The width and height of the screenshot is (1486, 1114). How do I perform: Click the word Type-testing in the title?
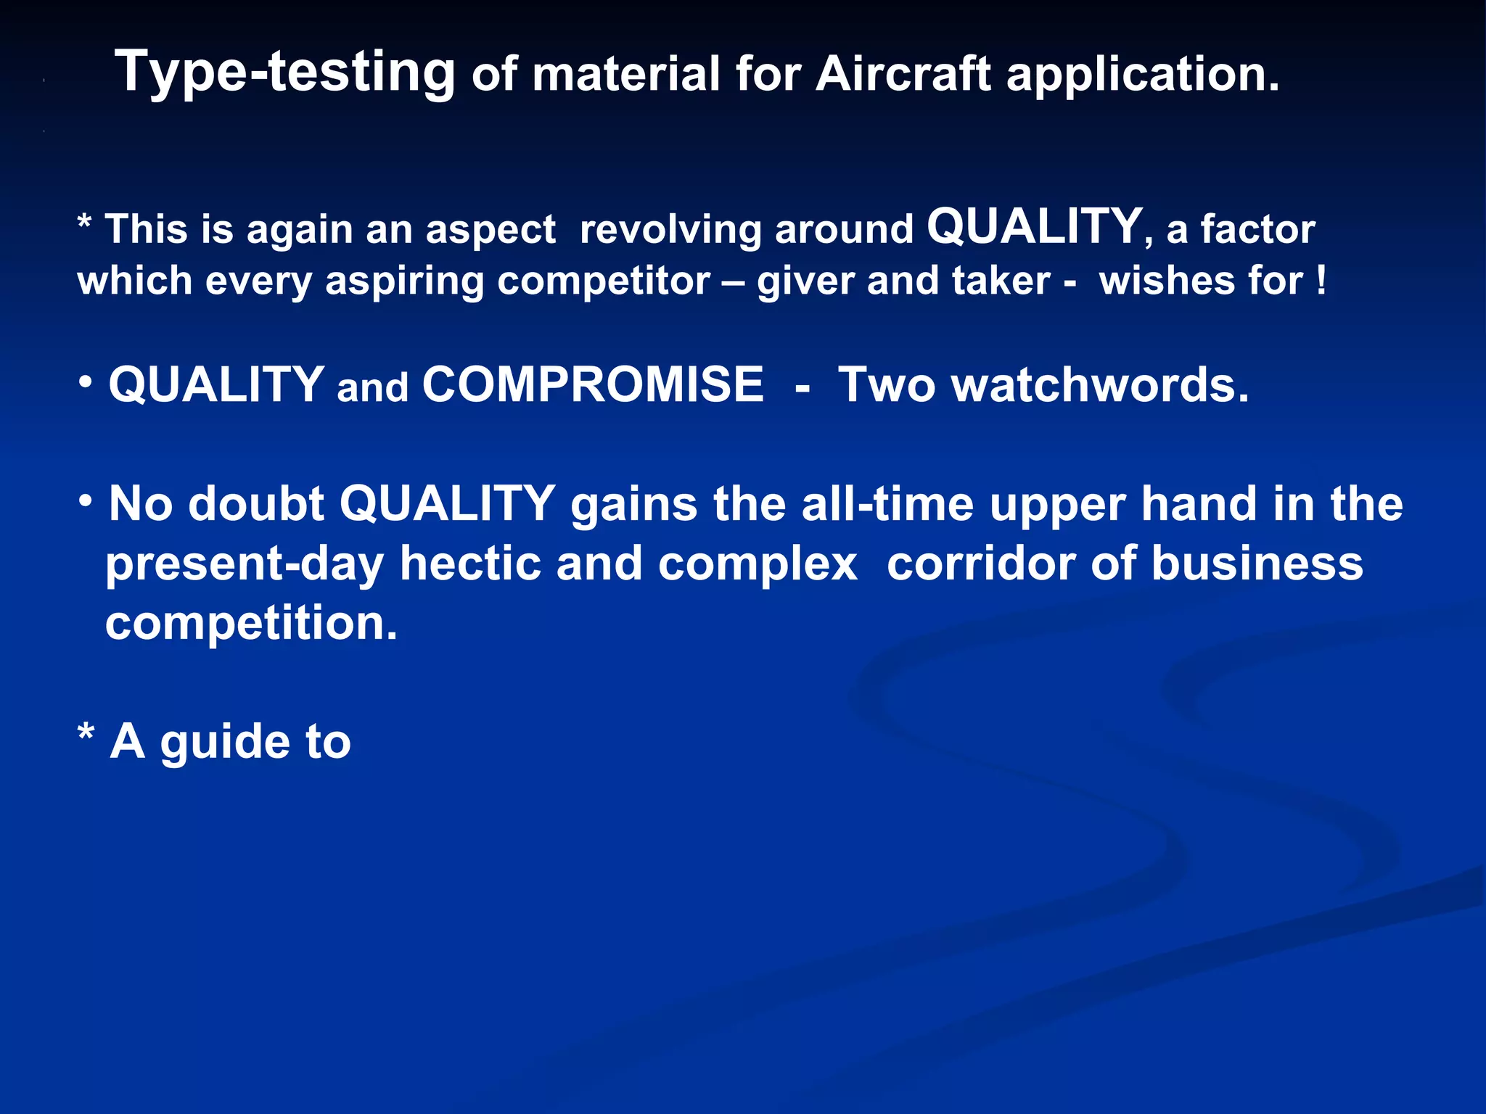coord(284,73)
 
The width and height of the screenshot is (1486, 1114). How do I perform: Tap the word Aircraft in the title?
coord(903,74)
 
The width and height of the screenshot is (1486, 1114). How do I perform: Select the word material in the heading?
coord(625,74)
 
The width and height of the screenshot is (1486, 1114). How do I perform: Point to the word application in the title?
coord(1142,75)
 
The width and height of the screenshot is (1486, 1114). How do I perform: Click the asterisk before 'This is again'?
coord(84,220)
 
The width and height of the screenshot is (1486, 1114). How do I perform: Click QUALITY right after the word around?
coord(1035,226)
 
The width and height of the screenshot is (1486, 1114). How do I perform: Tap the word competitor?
coord(604,281)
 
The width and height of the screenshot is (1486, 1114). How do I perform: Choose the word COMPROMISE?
coord(592,384)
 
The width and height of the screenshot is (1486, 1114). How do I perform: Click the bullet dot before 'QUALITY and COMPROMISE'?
coord(86,381)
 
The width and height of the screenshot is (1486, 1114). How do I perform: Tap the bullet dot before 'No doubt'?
coord(86,500)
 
